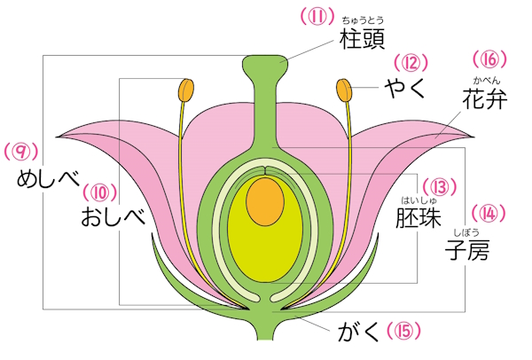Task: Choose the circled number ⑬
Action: (441, 187)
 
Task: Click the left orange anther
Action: (186, 90)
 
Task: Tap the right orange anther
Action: (344, 90)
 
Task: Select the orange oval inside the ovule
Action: (262, 200)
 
